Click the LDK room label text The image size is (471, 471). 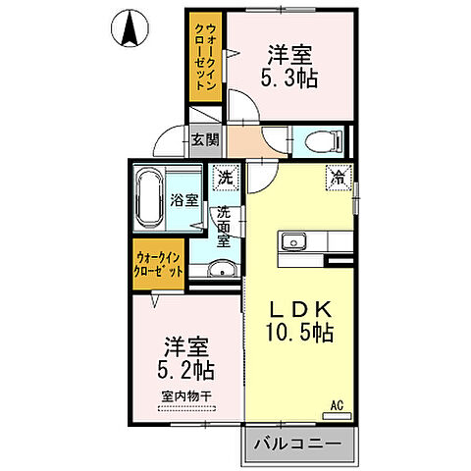tap(302, 307)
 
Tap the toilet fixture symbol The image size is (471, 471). tap(317, 142)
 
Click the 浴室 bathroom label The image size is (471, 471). tap(183, 199)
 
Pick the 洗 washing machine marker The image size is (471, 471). tap(226, 179)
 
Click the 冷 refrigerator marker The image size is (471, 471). tap(337, 179)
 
